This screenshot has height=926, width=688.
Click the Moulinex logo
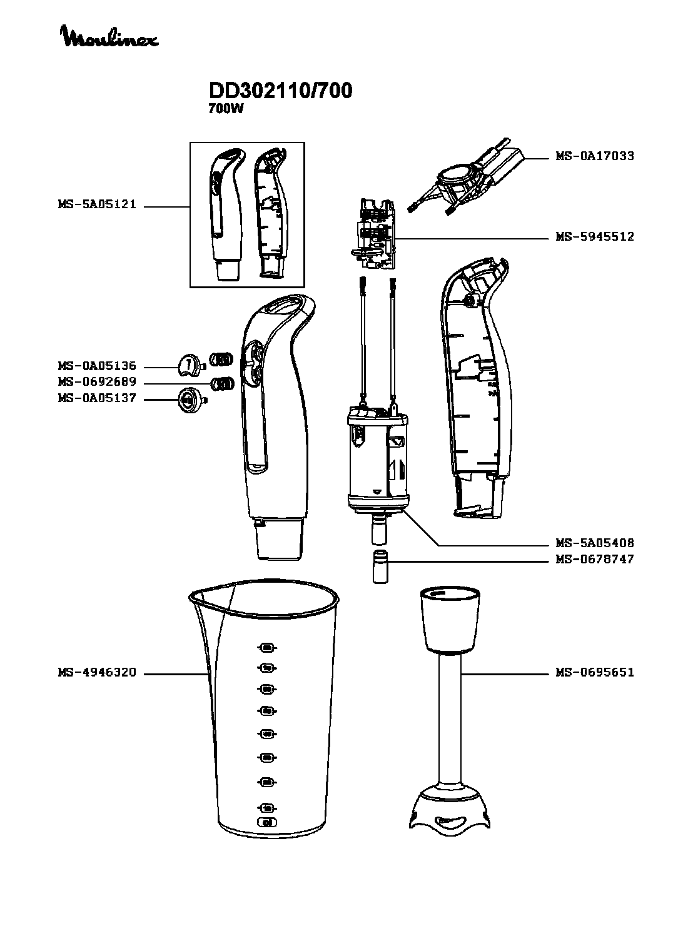109,37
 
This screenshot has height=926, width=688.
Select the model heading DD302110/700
280,91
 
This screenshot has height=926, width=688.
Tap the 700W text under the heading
225,108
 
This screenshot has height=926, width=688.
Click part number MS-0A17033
594,156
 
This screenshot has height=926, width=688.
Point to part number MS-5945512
594,237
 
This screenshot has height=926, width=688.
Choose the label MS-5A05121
96,204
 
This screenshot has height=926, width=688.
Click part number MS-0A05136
96,366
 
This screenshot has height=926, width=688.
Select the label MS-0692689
96,382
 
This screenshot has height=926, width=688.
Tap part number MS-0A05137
96,398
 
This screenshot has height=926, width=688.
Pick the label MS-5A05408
594,543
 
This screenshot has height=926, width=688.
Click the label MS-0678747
594,559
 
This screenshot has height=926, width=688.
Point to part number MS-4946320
96,673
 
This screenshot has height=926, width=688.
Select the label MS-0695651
594,673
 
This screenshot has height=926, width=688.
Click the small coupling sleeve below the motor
380,566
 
